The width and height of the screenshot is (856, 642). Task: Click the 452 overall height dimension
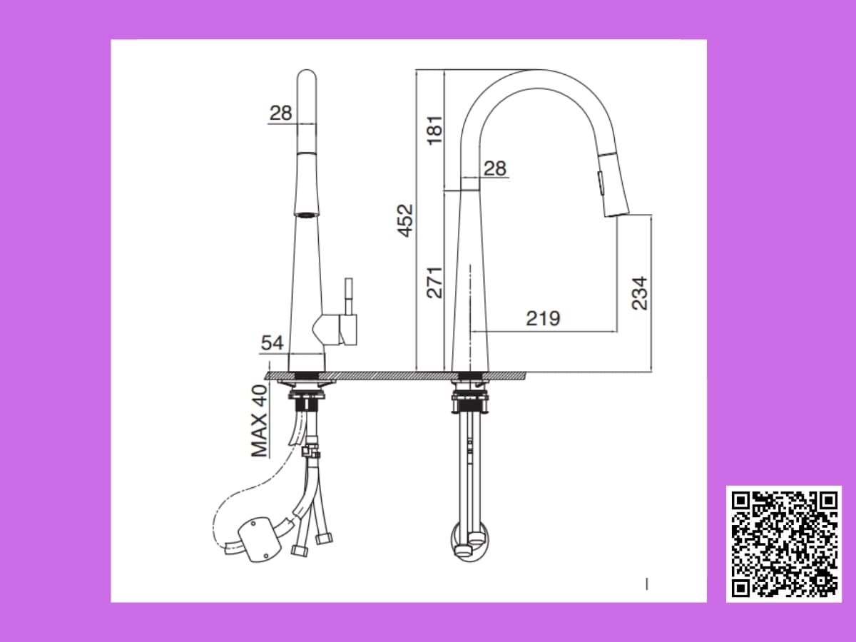(405, 220)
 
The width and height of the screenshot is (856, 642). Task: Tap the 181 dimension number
(435, 131)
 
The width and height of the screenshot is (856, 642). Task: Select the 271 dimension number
(434, 283)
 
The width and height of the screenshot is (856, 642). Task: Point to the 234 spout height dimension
(640, 293)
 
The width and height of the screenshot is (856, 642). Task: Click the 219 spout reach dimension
(544, 318)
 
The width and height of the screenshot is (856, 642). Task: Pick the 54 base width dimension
(272, 343)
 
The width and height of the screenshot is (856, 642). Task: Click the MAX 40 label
(260, 421)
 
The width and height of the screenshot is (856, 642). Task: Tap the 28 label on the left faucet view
(281, 113)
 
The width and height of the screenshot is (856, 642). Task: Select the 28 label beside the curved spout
(495, 168)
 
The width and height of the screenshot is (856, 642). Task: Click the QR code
(784, 544)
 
